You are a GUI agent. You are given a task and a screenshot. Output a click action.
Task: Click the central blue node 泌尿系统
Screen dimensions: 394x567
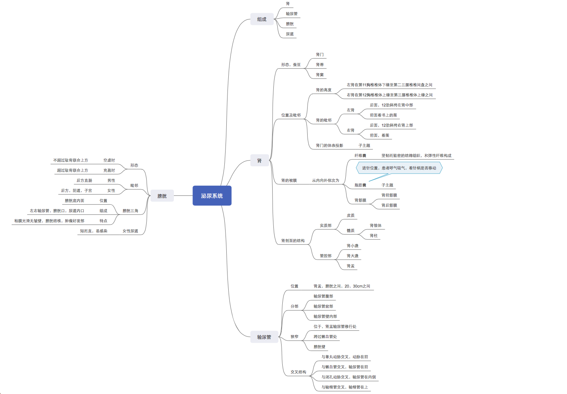click(x=212, y=196)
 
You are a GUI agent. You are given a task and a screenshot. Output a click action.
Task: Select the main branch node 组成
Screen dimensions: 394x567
click(x=262, y=19)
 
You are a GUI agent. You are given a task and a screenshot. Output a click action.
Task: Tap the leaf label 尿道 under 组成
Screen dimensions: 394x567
click(x=290, y=34)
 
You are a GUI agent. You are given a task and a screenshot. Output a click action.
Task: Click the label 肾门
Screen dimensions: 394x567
click(x=320, y=55)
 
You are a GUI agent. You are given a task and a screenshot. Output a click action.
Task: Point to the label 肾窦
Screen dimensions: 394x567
click(x=320, y=75)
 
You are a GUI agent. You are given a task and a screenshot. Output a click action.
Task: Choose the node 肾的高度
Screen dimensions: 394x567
click(x=324, y=90)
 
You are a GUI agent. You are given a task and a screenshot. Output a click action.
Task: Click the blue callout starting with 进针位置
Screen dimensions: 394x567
click(x=399, y=168)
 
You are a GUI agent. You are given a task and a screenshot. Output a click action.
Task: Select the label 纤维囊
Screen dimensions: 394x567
click(x=360, y=156)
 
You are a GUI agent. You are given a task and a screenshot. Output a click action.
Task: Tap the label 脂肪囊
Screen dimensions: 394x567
click(x=360, y=185)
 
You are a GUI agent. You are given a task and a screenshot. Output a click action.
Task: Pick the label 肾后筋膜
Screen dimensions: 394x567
click(x=389, y=206)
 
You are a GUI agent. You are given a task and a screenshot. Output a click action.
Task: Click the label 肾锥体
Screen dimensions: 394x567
click(x=375, y=226)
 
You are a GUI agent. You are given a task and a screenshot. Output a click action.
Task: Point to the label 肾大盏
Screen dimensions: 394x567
click(x=352, y=256)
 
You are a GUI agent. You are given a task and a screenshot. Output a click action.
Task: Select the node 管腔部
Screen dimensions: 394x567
click(x=325, y=256)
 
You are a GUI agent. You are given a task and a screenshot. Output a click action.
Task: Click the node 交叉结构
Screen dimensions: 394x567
click(x=298, y=372)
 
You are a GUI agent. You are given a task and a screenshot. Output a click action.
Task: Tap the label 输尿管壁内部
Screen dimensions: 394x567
click(x=325, y=317)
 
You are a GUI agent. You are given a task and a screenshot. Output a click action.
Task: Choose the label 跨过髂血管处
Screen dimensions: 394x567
click(x=325, y=337)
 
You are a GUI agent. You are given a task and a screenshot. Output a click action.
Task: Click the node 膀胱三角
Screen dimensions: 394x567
click(x=130, y=211)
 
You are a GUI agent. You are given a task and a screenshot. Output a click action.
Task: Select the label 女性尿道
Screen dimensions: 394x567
click(x=130, y=231)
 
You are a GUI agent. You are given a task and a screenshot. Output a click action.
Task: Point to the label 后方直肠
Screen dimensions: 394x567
click(x=84, y=181)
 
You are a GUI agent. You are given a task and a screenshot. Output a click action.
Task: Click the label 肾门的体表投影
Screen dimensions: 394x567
click(x=329, y=146)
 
